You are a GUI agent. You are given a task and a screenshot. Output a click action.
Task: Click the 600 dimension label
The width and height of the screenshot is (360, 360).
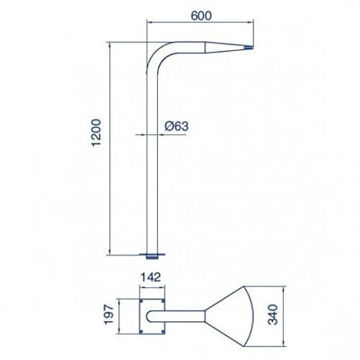[x=201, y=16]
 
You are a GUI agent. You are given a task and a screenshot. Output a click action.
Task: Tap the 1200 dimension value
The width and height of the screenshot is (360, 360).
[x=96, y=132]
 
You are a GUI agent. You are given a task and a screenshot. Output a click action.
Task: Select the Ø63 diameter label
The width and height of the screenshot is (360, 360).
[x=176, y=126]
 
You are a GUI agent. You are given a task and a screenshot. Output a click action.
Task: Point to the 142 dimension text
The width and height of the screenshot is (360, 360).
[x=150, y=277]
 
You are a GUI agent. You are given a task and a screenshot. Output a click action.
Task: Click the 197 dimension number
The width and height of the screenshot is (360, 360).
[x=109, y=315]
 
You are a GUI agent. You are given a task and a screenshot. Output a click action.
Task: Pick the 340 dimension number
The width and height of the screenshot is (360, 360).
[x=273, y=315]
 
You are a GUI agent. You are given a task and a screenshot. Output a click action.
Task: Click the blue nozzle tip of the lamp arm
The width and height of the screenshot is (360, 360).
[x=248, y=48]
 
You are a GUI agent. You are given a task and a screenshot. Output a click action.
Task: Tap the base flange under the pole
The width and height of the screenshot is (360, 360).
[x=152, y=256]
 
